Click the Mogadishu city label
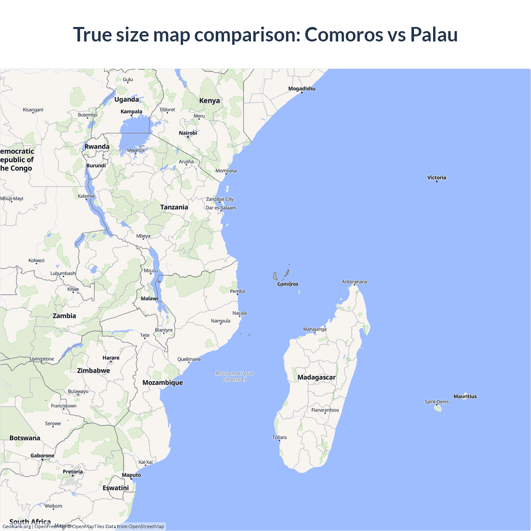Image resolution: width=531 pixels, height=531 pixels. click(x=302, y=88)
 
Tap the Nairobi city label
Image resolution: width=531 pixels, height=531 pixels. click(x=188, y=133)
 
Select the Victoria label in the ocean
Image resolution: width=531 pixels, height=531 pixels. click(x=436, y=178)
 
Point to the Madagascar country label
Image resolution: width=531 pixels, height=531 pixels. click(x=316, y=377)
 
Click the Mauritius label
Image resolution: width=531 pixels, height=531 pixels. click(x=465, y=396)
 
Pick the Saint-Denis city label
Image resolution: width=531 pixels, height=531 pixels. click(x=436, y=402)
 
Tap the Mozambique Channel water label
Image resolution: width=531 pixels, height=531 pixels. click(x=234, y=376)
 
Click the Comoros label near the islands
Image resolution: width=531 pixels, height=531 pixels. click(x=287, y=284)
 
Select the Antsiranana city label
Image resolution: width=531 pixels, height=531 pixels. click(x=354, y=282)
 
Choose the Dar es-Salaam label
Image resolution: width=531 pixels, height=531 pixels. click(x=221, y=208)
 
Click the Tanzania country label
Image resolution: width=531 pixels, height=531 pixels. click(x=174, y=207)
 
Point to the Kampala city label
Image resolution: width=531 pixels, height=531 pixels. click(x=132, y=111)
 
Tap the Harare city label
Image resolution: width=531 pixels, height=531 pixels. click(x=111, y=358)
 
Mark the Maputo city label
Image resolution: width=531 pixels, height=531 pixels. click(x=132, y=475)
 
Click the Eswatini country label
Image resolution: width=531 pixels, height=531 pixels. click(x=116, y=488)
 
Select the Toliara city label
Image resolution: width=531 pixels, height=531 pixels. click(x=279, y=437)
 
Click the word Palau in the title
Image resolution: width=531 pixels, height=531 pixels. click(x=434, y=34)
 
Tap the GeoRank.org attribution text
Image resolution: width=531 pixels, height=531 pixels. click(x=17, y=526)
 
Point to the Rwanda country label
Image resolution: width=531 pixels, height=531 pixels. click(x=97, y=146)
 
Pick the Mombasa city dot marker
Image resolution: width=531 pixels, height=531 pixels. click(x=226, y=174)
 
